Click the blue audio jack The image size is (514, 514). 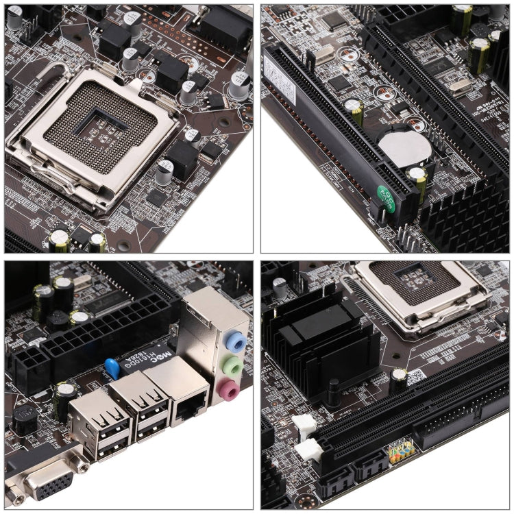click(235, 340)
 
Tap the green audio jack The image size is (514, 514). click(235, 366)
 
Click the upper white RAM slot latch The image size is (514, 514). click(304, 426)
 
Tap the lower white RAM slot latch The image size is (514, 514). click(308, 452)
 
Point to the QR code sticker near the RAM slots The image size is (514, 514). click(415, 378)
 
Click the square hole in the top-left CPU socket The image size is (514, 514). click(99, 119)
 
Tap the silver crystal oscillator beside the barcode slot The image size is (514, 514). click(321, 58)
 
